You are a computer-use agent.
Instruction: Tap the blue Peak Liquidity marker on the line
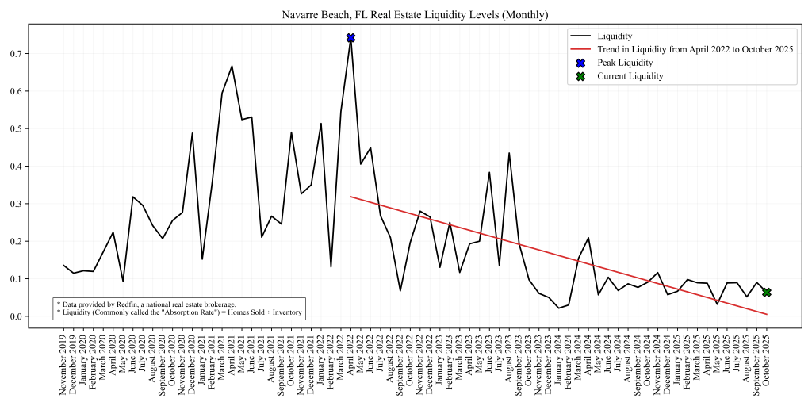(350, 38)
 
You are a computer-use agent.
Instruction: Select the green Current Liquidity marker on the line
(767, 293)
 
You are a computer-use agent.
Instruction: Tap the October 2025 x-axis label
(767, 366)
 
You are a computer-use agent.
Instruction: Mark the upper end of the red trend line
(350, 197)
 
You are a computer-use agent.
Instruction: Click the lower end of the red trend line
(767, 315)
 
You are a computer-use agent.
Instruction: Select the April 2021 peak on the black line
(232, 66)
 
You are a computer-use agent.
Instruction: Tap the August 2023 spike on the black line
(509, 153)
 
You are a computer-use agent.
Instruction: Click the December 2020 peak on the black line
(192, 133)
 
